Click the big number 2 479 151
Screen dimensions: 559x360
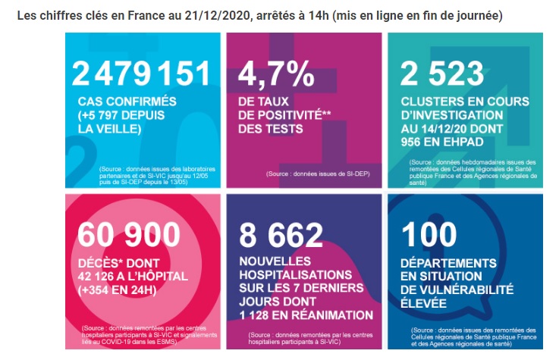click(141, 74)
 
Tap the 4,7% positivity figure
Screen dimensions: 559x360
click(276, 74)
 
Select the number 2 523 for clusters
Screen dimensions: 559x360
click(442, 74)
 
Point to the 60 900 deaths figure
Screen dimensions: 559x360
click(129, 234)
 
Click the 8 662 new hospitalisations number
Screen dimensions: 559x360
click(281, 235)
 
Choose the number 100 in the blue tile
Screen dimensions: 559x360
click(429, 234)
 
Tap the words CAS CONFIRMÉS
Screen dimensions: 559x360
click(127, 102)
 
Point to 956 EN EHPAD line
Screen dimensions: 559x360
click(442, 142)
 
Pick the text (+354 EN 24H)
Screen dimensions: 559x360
click(118, 290)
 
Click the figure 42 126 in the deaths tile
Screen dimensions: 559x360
click(98, 277)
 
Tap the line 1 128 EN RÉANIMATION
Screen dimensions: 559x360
click(306, 315)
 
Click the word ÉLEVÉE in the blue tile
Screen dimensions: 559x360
click(423, 303)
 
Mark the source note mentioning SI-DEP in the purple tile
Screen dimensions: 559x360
click(318, 174)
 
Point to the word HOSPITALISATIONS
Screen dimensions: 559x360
click(296, 275)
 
